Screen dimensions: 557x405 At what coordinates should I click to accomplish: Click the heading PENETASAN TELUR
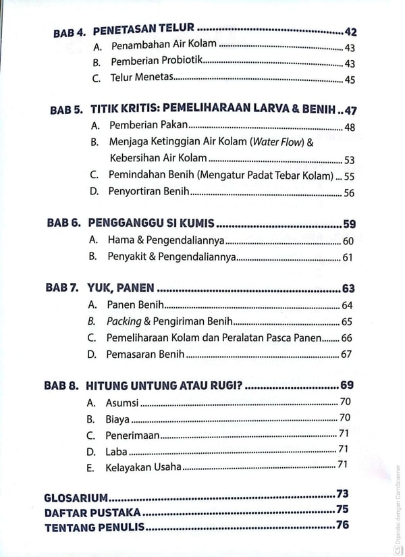tap(143, 30)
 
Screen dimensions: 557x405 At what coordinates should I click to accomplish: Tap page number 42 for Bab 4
tap(350, 31)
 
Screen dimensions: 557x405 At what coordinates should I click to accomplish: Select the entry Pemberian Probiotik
tap(157, 63)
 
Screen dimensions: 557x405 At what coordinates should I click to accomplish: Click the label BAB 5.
tap(65, 109)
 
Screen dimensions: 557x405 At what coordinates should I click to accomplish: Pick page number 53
tap(349, 160)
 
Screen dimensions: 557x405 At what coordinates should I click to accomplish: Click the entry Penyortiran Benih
tap(148, 192)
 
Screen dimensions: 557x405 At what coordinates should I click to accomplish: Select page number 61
tap(348, 257)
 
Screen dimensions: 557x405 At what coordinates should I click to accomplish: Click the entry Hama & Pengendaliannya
tap(165, 240)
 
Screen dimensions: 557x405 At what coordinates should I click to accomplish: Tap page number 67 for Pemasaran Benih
tap(347, 354)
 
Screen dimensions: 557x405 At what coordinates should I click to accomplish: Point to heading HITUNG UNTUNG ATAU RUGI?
tap(165, 386)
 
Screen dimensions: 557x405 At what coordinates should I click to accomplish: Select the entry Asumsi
tap(122, 402)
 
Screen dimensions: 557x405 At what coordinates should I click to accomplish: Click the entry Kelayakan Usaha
tap(143, 467)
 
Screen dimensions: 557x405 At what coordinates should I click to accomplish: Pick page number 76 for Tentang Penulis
tap(342, 525)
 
